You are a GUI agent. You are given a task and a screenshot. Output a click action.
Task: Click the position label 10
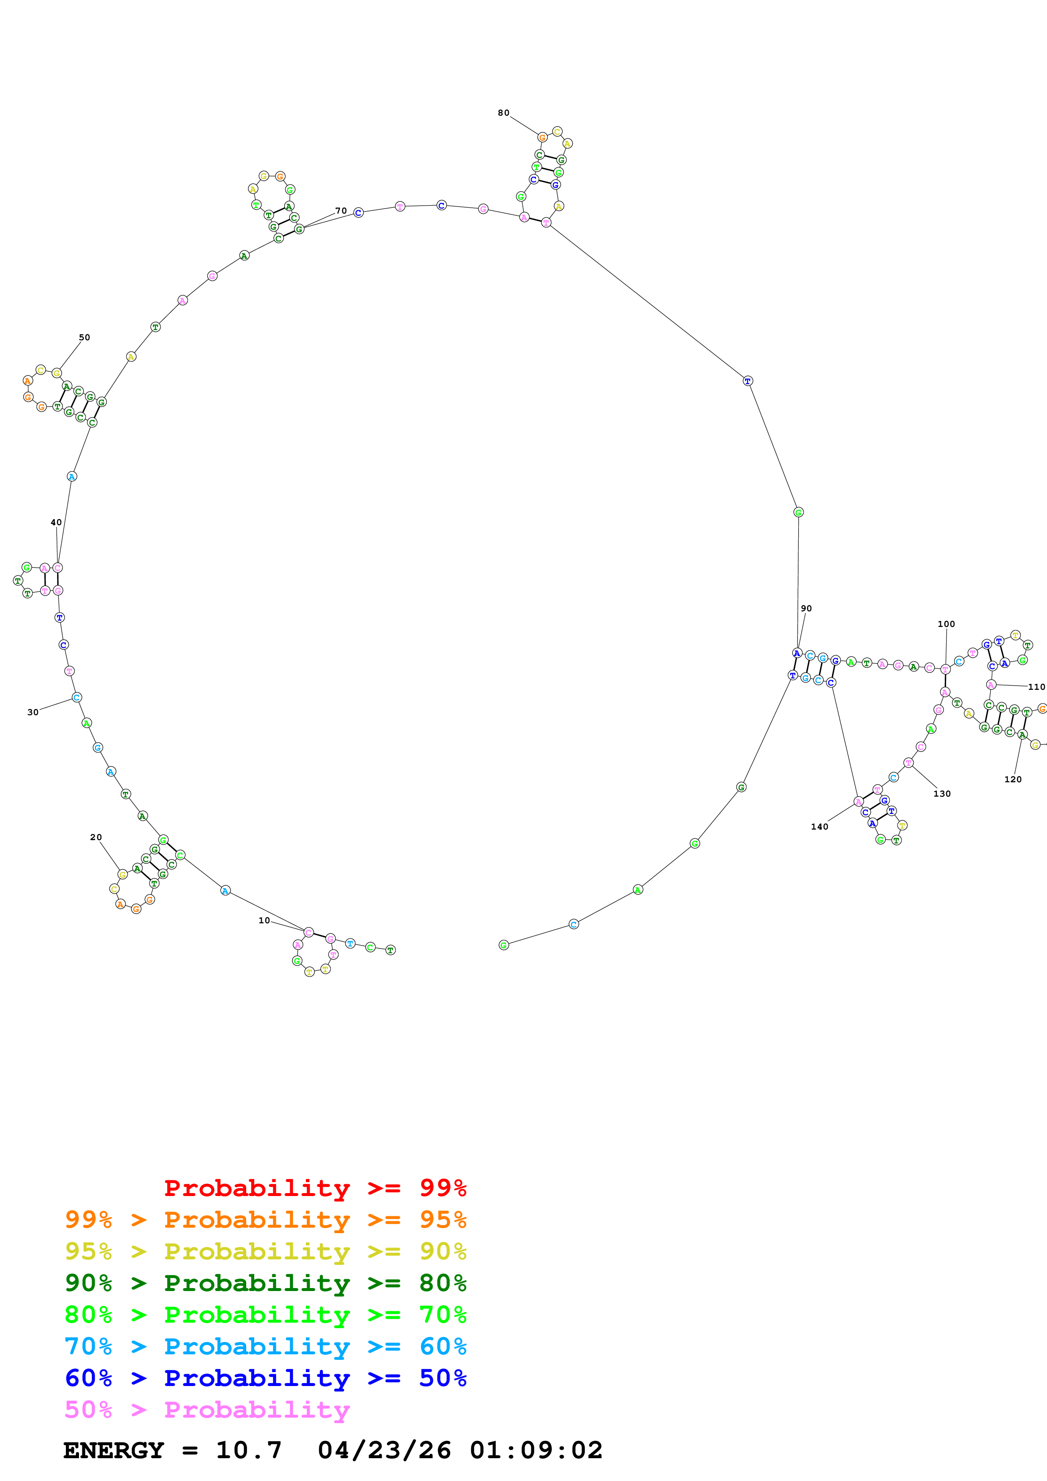(264, 920)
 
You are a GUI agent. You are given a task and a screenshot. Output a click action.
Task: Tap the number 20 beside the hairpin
(95, 837)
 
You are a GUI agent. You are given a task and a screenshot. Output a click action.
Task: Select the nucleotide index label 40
(56, 523)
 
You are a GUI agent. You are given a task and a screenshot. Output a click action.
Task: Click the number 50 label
(84, 337)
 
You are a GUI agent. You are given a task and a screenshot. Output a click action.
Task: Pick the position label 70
(340, 211)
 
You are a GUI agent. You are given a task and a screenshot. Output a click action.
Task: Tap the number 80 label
(503, 113)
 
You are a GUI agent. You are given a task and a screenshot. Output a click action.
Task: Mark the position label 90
(806, 608)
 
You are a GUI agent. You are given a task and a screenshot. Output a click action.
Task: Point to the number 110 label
(1036, 687)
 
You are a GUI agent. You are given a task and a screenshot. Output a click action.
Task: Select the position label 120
(1013, 779)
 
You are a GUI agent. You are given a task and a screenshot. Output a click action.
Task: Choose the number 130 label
(942, 793)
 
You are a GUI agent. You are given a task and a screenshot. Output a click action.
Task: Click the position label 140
(819, 826)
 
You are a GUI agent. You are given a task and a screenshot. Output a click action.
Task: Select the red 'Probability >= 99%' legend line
(315, 1188)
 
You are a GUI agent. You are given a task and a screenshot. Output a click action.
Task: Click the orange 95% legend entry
(265, 1220)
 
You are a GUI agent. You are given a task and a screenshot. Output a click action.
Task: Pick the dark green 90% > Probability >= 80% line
(265, 1283)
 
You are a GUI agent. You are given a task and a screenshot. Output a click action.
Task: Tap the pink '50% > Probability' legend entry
(207, 1409)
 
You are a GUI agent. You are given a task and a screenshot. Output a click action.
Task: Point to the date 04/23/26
(384, 1450)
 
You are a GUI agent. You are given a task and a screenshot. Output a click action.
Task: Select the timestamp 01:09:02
(536, 1450)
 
